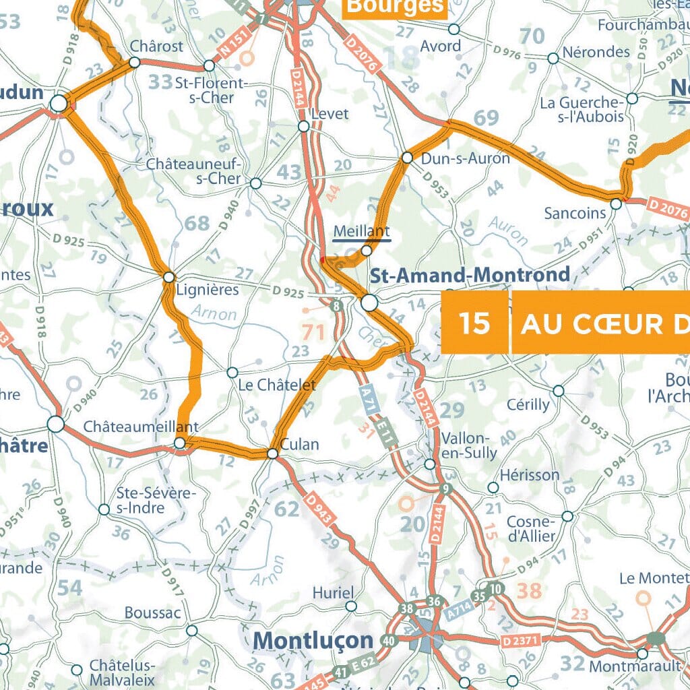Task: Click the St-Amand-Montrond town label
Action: (x=470, y=275)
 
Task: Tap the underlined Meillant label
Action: (x=362, y=231)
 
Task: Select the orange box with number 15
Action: (x=475, y=323)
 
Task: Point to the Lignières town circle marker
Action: (x=169, y=277)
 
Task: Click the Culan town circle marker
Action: (x=272, y=453)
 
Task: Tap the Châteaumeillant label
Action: (x=141, y=427)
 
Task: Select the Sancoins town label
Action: (x=575, y=213)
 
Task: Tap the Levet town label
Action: (x=330, y=113)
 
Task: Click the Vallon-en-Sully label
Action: (x=469, y=445)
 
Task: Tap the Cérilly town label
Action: (x=528, y=404)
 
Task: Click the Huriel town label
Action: (x=333, y=593)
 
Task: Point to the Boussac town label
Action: (x=152, y=613)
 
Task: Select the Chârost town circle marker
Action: (x=134, y=62)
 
